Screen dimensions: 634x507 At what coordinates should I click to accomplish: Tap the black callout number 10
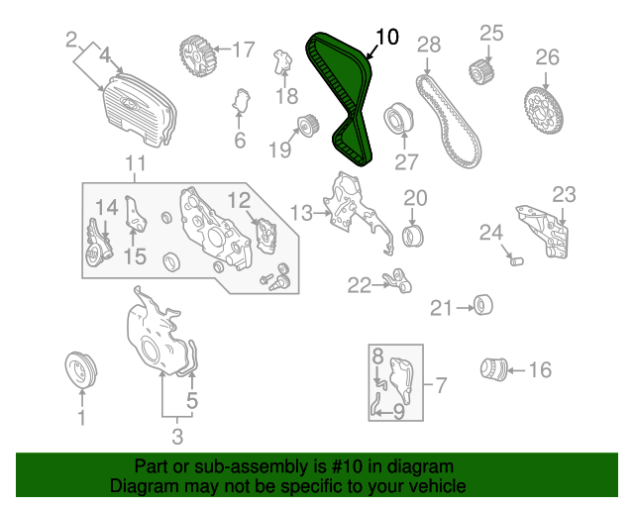click(387, 37)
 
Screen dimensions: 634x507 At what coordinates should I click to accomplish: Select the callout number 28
click(429, 45)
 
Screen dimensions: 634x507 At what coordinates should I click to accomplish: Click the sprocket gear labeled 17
click(198, 55)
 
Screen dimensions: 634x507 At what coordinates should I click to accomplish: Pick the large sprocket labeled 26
click(544, 112)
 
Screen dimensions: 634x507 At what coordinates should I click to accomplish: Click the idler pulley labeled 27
click(398, 118)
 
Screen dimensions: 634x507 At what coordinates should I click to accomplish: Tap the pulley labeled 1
click(81, 369)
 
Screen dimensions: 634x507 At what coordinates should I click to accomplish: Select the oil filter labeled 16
click(493, 368)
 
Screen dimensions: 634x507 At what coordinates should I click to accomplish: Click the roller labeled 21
click(482, 305)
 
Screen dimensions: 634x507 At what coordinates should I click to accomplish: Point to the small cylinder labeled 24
click(517, 261)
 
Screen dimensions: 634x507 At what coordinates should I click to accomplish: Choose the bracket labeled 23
click(543, 231)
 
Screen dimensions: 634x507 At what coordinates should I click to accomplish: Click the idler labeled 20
click(413, 236)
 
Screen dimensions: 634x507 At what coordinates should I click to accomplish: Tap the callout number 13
click(301, 213)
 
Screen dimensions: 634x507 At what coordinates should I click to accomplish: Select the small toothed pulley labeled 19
click(308, 126)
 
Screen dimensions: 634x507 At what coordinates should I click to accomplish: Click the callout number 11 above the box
click(135, 163)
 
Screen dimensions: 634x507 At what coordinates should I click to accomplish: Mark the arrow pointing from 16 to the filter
click(516, 370)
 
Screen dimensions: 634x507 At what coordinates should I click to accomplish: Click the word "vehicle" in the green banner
click(437, 485)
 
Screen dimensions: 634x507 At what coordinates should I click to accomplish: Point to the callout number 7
click(441, 385)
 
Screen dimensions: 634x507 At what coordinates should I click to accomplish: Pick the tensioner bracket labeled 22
click(397, 279)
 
